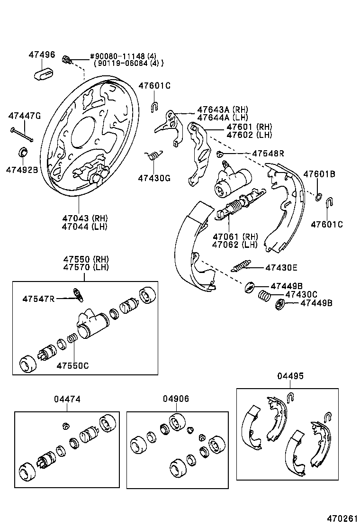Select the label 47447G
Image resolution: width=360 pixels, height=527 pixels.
click(25, 116)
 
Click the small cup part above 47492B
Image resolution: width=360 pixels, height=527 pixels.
click(22, 153)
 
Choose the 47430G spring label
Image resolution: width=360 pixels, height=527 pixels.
click(154, 178)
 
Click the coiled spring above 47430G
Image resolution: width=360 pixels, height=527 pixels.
click(153, 155)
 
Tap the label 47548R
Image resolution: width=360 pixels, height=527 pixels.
click(268, 154)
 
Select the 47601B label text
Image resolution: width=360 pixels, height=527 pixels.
click(319, 174)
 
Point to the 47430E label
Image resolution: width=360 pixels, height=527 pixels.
click(281, 268)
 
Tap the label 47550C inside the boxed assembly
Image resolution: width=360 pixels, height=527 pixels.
click(72, 365)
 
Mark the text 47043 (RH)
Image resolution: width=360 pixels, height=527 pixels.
click(85, 218)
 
